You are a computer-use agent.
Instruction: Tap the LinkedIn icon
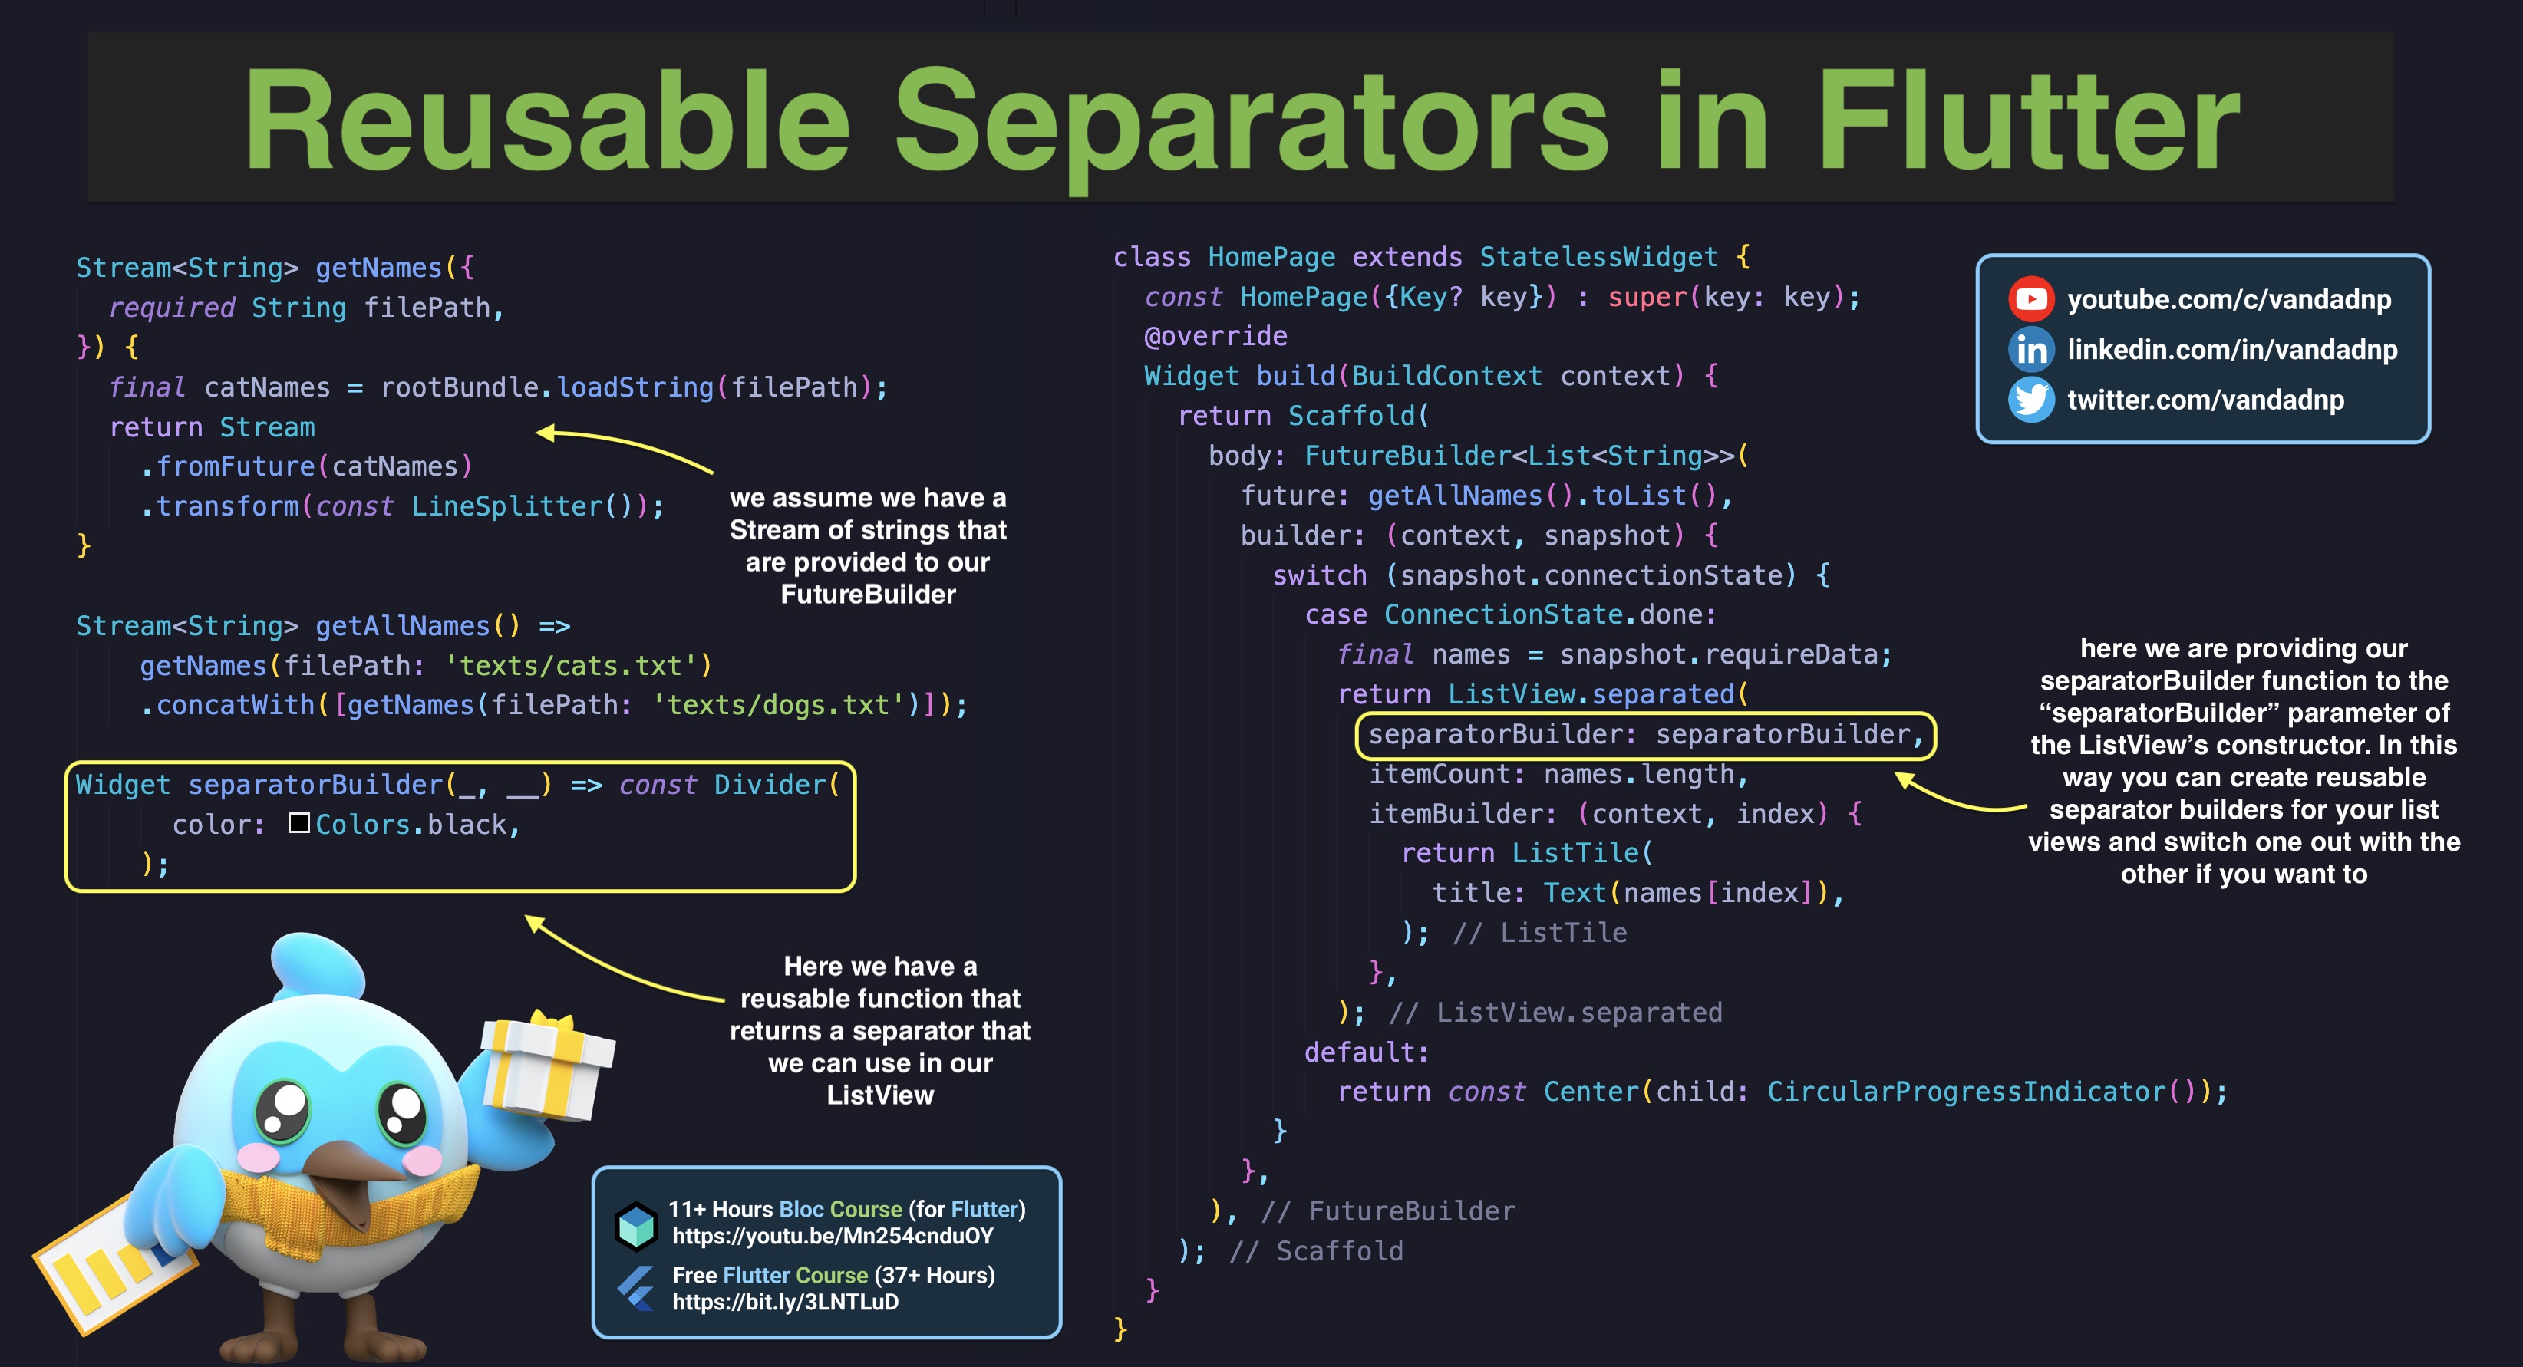coord(2030,350)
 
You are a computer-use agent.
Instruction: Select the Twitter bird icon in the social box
coord(2030,400)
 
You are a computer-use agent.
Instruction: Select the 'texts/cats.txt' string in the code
coord(577,666)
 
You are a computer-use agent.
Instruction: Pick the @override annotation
coord(1215,336)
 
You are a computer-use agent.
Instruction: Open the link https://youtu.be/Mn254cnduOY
coord(833,1236)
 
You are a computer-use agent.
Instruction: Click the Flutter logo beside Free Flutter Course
coord(637,1288)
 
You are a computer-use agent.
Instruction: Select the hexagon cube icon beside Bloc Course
coord(637,1224)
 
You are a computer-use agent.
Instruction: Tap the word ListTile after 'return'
coord(1575,853)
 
